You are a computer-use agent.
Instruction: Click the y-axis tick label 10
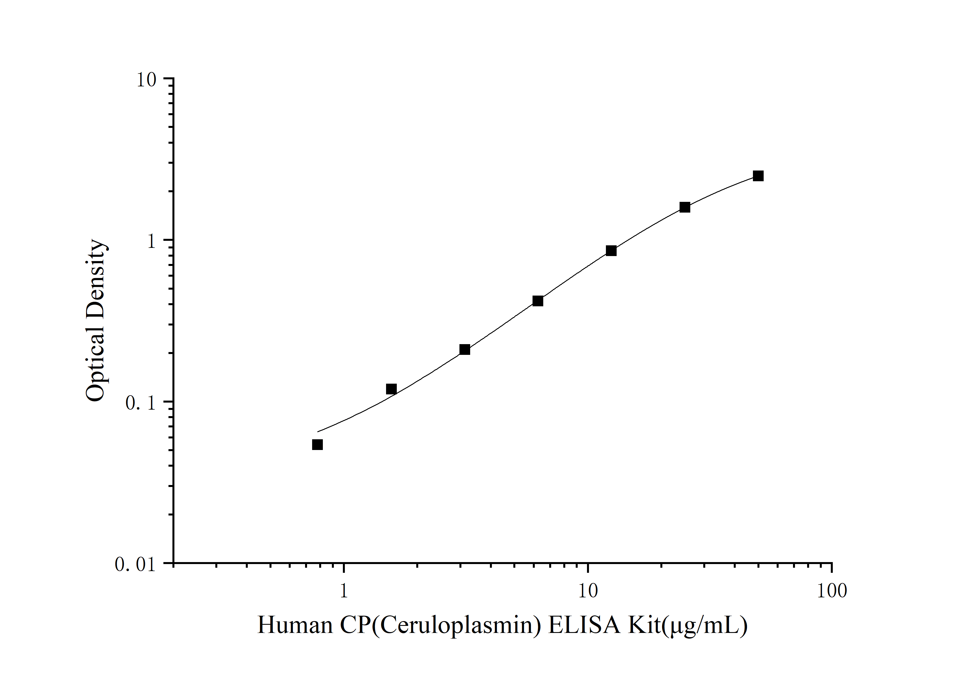pyautogui.click(x=146, y=80)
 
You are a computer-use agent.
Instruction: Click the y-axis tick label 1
pyautogui.click(x=152, y=241)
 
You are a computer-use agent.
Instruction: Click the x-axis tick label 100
pyautogui.click(x=831, y=591)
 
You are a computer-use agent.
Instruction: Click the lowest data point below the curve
pyautogui.click(x=318, y=444)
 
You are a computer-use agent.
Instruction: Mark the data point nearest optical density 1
pyautogui.click(x=611, y=251)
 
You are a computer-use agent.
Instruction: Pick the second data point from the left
pyautogui.click(x=391, y=389)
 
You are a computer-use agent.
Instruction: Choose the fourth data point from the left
pyautogui.click(x=538, y=301)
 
